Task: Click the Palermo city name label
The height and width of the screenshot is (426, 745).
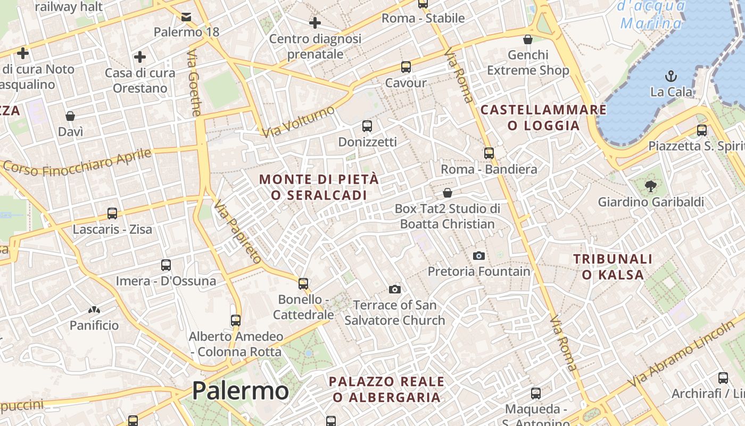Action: coord(241,391)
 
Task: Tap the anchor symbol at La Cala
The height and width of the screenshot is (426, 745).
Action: coord(671,76)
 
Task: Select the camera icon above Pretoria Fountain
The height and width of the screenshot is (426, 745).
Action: coord(479,256)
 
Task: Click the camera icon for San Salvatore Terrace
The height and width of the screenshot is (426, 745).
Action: coord(395,289)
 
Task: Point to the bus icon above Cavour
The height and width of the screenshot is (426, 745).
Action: coord(406,67)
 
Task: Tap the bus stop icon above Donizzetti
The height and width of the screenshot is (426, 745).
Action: coord(367,126)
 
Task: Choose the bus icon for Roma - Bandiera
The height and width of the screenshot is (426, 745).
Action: coord(489,153)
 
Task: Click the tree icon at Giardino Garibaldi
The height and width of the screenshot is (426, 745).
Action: coord(650,186)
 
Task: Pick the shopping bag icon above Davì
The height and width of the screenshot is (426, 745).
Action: coord(70,116)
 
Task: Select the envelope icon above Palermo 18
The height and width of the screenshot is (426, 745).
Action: coord(186,17)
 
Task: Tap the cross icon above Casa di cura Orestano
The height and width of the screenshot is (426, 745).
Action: coord(140,56)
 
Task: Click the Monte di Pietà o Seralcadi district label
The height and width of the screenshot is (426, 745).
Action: coord(319,187)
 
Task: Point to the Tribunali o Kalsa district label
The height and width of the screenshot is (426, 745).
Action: coord(612,267)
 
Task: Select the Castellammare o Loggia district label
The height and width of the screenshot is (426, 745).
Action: coord(543,118)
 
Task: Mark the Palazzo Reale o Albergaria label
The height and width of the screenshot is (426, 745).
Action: coord(386,389)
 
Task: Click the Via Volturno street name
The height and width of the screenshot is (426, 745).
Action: coord(299,121)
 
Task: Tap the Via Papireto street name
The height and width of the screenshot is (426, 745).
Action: coord(238,232)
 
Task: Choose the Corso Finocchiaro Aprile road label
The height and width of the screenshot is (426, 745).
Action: coord(78,161)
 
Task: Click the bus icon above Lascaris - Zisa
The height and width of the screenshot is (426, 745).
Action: coord(112,214)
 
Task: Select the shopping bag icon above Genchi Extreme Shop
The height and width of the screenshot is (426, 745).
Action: coord(528,39)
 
